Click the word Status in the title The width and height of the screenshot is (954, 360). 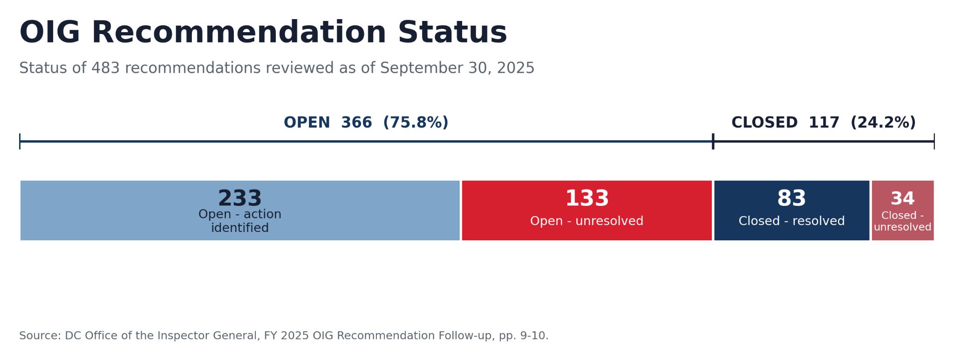coord(452,33)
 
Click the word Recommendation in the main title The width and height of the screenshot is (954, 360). coord(239,33)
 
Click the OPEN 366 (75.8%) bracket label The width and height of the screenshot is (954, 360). coord(366,122)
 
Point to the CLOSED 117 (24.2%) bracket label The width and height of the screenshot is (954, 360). coord(824,122)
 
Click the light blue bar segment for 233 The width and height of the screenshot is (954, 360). coord(240,211)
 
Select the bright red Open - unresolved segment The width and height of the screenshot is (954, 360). coord(587,211)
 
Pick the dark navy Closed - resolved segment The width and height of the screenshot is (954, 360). coord(792,211)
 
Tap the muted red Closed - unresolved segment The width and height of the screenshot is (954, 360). coord(903,211)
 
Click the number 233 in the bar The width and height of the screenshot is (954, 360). coord(240,198)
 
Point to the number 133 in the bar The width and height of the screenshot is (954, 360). coord(587,198)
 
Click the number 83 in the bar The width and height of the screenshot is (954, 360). coord(791,198)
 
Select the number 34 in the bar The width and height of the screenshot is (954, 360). coord(903,199)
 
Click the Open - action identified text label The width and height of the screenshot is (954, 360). coord(240,221)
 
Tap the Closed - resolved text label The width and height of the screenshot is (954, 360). coord(791,221)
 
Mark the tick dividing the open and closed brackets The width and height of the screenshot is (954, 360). coord(713,141)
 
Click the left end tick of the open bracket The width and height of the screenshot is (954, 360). coord(20,141)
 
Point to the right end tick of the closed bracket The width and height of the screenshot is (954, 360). coord(934,141)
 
